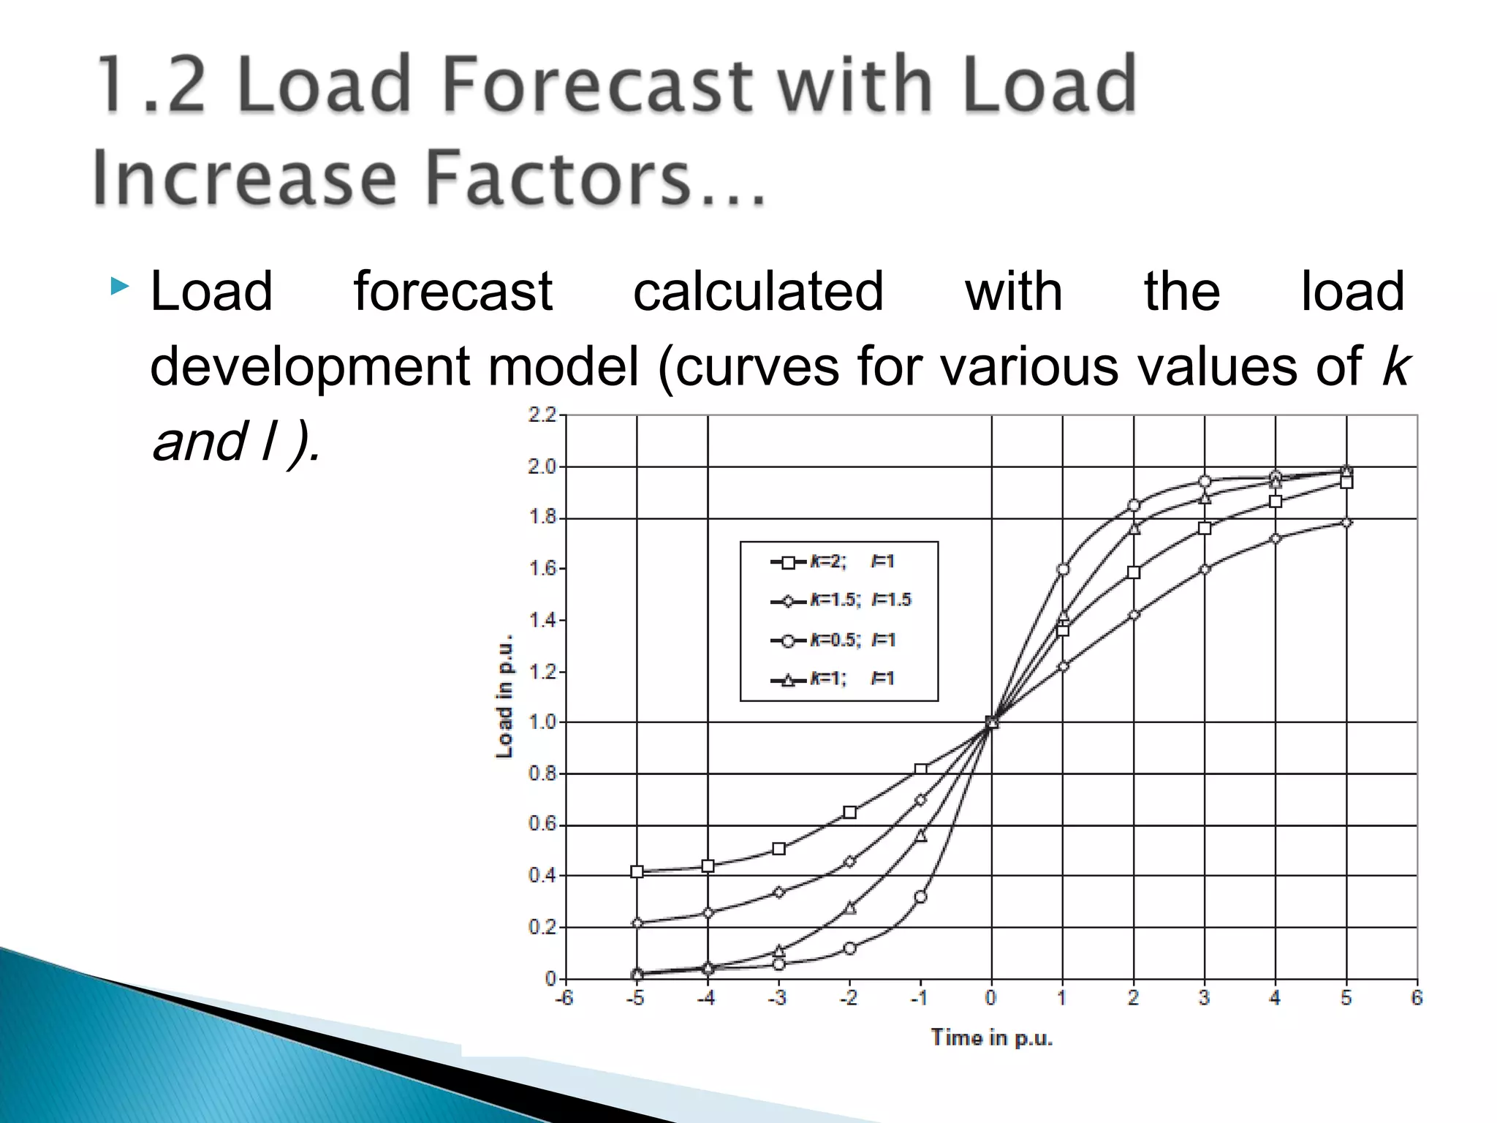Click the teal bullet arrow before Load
[x=120, y=287]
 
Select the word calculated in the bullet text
[x=758, y=292]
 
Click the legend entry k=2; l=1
[x=833, y=561]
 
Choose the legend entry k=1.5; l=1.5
[x=841, y=600]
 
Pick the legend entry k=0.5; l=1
[x=833, y=640]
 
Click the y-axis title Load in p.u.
[x=504, y=696]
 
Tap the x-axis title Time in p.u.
[x=991, y=1037]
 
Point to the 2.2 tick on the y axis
[x=542, y=415]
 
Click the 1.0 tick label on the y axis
[x=542, y=722]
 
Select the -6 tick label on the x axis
[x=564, y=998]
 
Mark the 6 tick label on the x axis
[x=1417, y=998]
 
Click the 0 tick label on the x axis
[x=990, y=998]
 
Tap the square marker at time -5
[x=637, y=871]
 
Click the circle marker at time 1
[x=1063, y=569]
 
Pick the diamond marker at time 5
[x=1346, y=522]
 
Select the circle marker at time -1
[x=920, y=896]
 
